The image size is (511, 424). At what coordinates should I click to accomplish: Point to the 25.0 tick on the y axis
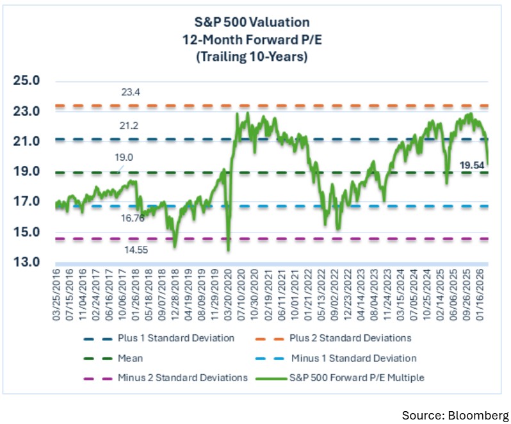tap(27, 81)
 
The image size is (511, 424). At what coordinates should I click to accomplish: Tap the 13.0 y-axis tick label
tap(27, 263)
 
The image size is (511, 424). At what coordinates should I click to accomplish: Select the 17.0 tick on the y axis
tap(27, 202)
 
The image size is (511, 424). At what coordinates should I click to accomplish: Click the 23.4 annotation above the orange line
tap(131, 93)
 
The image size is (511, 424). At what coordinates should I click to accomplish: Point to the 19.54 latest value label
tap(473, 165)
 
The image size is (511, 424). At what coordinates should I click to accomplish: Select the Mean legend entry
tap(130, 359)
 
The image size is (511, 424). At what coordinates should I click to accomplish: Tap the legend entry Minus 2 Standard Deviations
tap(182, 378)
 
